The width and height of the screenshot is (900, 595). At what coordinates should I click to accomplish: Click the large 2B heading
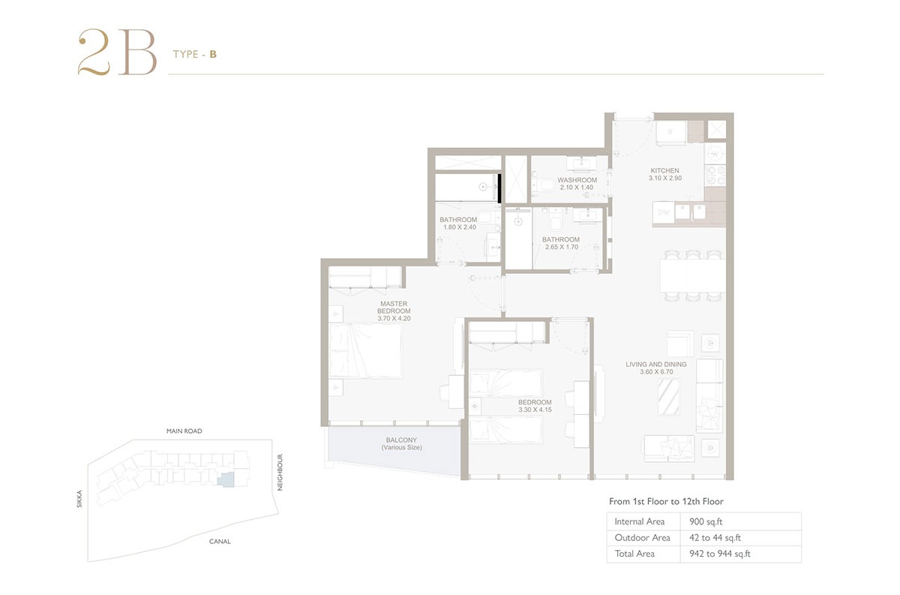coord(116,53)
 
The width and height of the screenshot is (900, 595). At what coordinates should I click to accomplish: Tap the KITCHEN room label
coord(664,175)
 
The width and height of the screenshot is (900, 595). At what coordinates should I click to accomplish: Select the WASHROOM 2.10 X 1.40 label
coord(577,184)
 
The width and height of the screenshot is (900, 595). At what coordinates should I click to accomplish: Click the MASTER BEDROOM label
coord(394,311)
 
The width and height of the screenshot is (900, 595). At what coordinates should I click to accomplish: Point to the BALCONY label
coord(402,443)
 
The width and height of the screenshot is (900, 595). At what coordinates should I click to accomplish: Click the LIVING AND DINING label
coord(655,368)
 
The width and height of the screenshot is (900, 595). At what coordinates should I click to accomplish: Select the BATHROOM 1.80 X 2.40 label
coord(458,224)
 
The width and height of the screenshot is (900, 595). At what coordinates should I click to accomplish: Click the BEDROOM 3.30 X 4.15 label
coord(534,406)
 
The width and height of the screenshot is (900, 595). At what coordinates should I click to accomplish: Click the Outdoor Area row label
coord(642,537)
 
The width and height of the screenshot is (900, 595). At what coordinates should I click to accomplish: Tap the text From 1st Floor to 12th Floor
coord(666,501)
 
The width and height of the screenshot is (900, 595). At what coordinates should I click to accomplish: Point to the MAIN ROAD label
coord(184,431)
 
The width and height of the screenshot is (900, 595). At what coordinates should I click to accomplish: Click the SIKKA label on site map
coord(79,500)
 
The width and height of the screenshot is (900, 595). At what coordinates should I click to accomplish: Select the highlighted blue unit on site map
coord(225,480)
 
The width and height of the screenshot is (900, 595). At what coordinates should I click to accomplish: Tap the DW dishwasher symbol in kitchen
coord(663,213)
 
